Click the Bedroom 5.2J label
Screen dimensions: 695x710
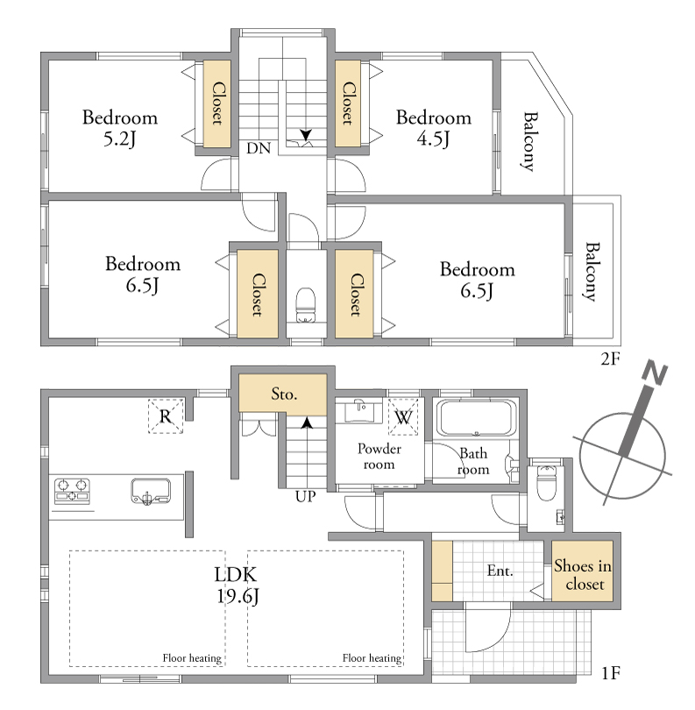120,128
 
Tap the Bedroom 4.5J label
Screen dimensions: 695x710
434,128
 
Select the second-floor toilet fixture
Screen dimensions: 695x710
306,305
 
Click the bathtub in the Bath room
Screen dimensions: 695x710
476,417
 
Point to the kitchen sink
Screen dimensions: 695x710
151,491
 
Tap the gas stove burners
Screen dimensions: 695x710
73,491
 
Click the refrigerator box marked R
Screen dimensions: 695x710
166,416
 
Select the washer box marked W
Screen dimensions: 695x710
403,416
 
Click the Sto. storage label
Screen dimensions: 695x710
284,394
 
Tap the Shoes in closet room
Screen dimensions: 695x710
582,571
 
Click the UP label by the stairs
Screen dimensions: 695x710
306,497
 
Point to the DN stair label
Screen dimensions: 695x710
259,148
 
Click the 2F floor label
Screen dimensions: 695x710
610,359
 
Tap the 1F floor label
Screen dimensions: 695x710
611,673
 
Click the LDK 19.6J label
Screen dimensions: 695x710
237,585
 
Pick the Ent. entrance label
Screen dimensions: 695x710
500,571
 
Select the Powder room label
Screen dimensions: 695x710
379,457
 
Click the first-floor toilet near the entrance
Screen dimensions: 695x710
546,484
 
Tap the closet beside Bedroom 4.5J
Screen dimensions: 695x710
348,103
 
